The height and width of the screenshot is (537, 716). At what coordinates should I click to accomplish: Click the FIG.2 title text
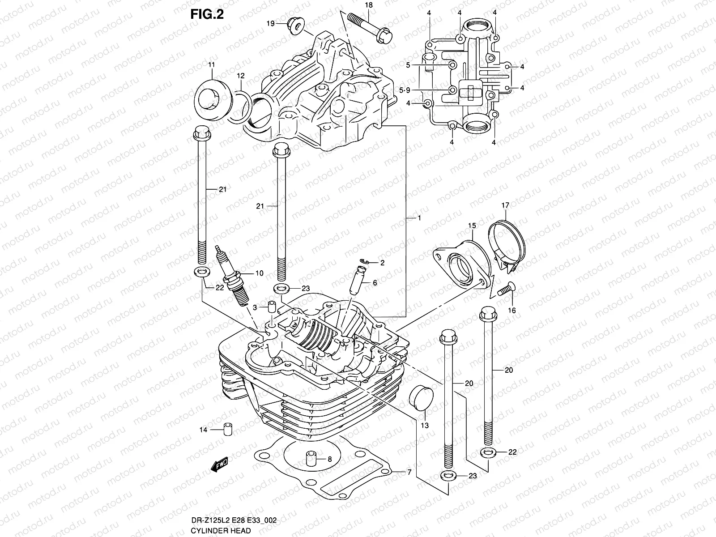pyautogui.click(x=207, y=14)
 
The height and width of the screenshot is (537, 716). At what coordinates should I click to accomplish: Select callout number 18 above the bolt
pyautogui.click(x=368, y=5)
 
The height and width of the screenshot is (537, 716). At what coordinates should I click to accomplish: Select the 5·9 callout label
pyautogui.click(x=404, y=90)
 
